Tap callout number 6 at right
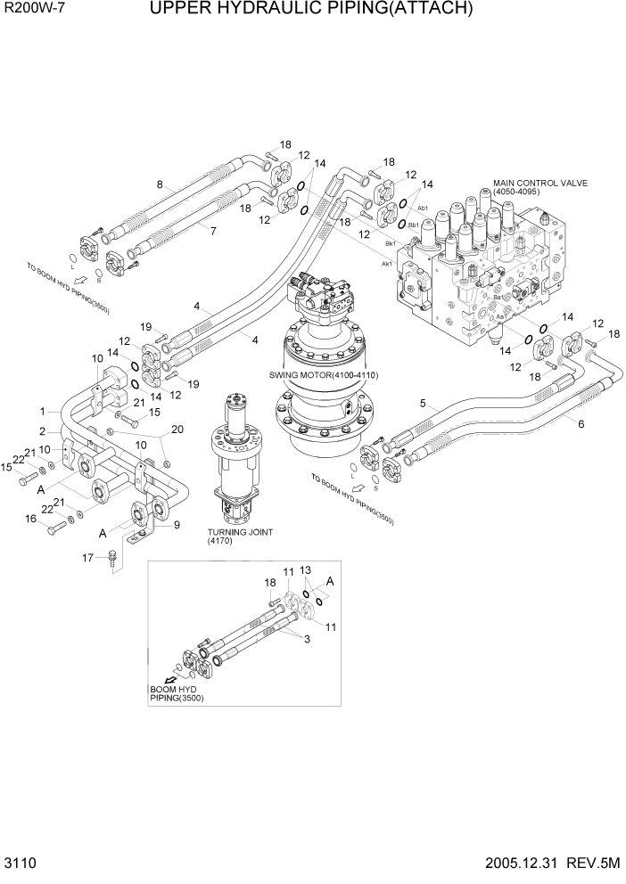(581, 424)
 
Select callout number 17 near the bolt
(88, 558)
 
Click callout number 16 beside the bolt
(30, 519)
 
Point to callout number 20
(177, 430)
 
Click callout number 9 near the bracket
(177, 524)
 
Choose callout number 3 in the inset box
(307, 639)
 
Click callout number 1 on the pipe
(42, 411)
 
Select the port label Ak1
(387, 264)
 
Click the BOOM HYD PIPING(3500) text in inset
(177, 693)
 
